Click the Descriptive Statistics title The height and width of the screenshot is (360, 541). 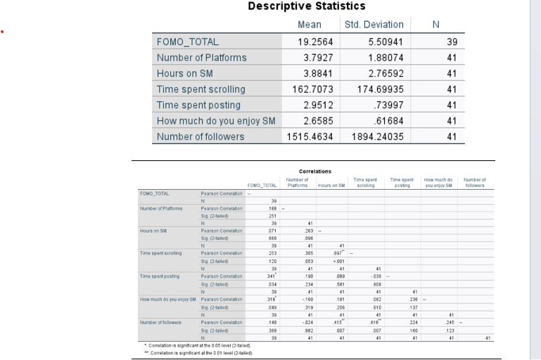pos(307,6)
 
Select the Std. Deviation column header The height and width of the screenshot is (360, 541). pos(374,25)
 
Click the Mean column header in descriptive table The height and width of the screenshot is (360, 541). pos(310,25)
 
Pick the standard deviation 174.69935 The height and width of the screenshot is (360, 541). pos(377,89)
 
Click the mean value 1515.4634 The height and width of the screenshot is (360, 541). pos(310,136)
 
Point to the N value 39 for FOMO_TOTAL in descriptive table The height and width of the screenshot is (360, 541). pos(452,42)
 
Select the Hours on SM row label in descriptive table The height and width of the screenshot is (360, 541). pos(184,74)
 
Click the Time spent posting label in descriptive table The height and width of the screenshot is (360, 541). pos(198,105)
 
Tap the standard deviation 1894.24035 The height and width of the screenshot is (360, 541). pos(377,136)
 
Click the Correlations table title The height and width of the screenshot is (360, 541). pos(314,171)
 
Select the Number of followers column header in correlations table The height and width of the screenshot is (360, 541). pos(475,183)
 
